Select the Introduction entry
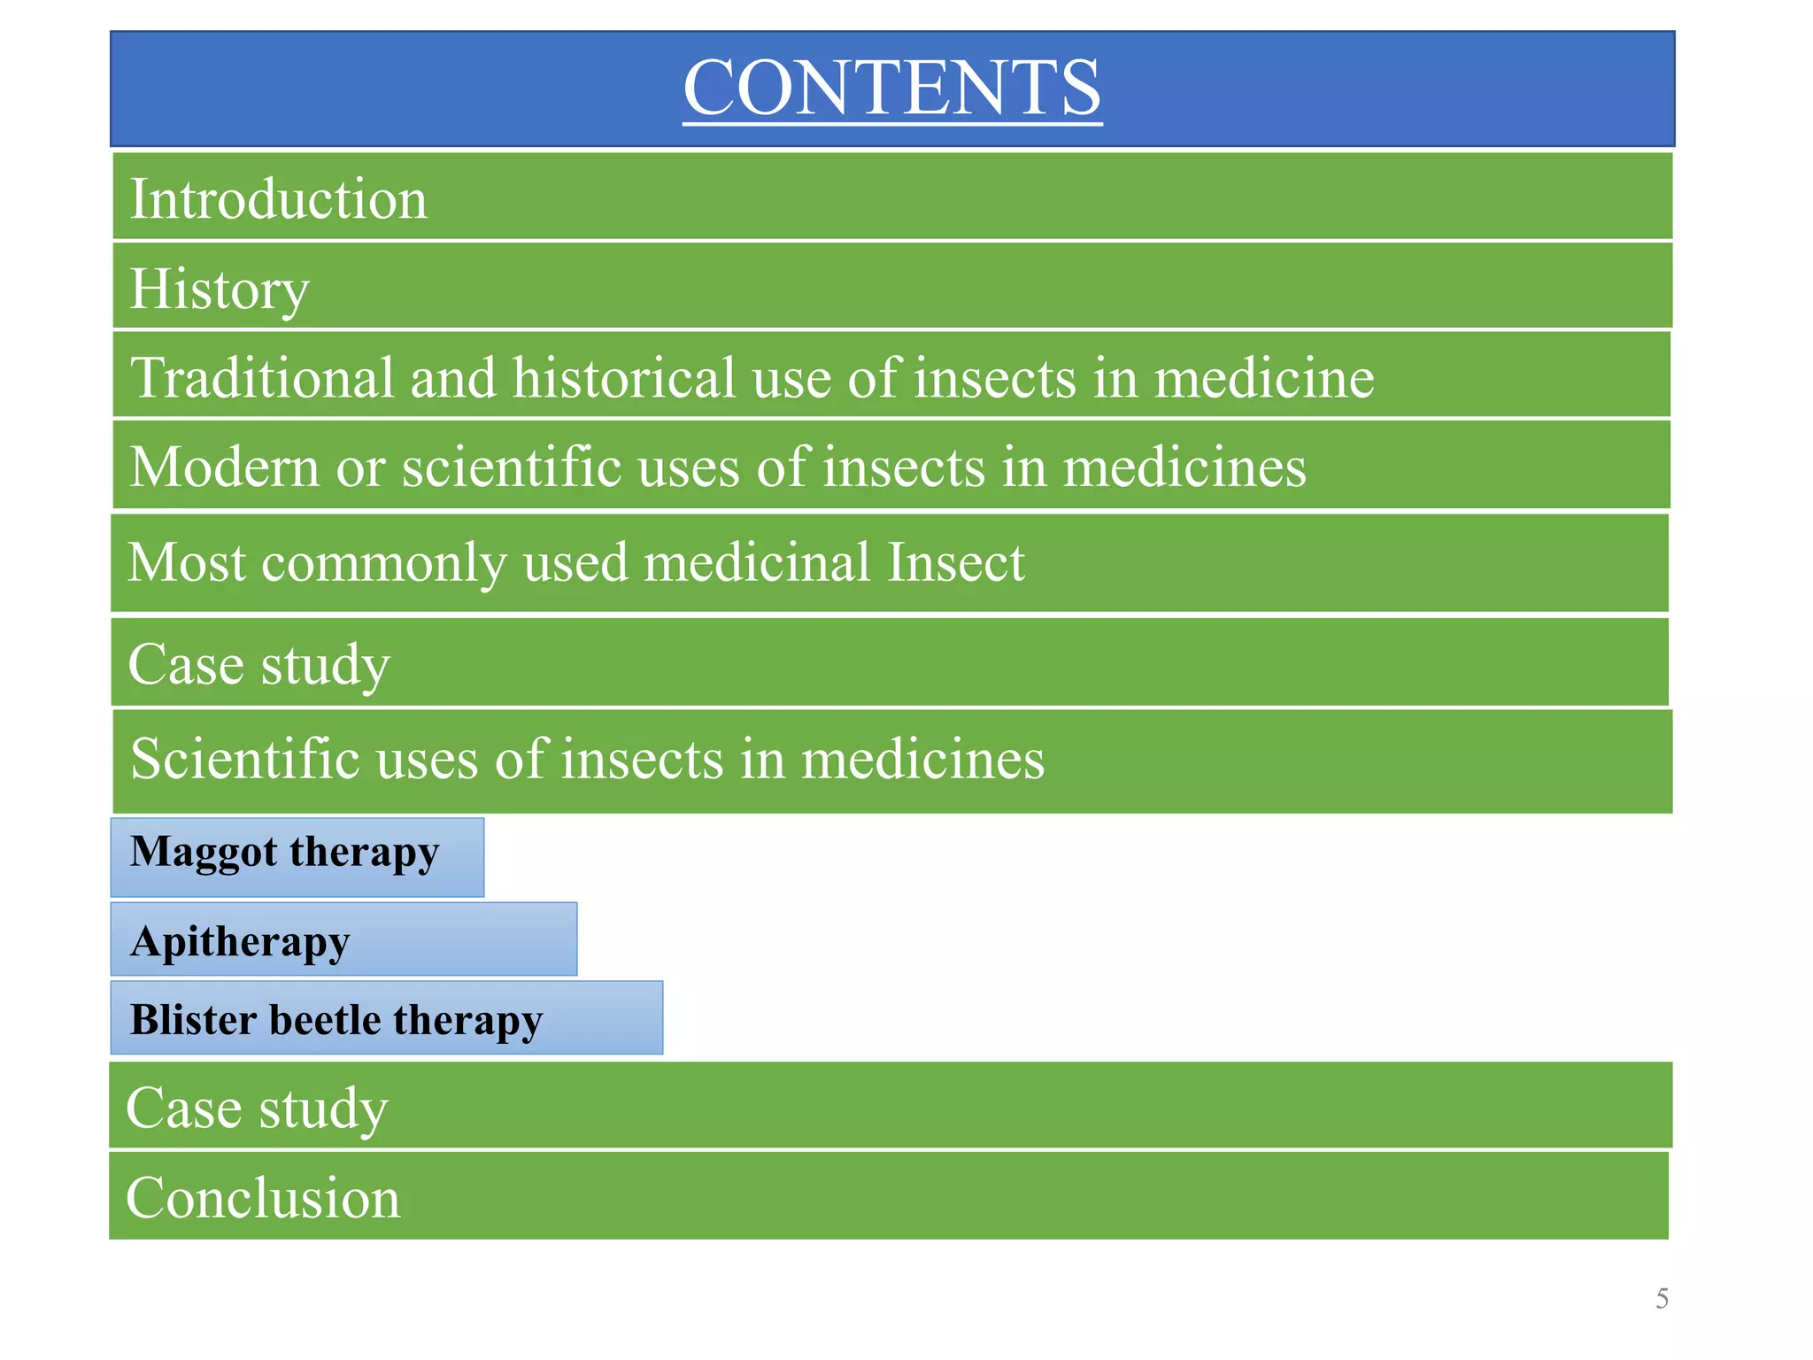click(278, 198)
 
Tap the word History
click(220, 289)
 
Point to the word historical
click(623, 378)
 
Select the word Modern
click(224, 467)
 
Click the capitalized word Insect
click(955, 562)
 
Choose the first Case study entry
click(258, 664)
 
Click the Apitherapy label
click(240, 942)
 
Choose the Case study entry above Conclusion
click(257, 1108)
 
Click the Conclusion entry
click(263, 1198)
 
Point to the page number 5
click(1662, 1299)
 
